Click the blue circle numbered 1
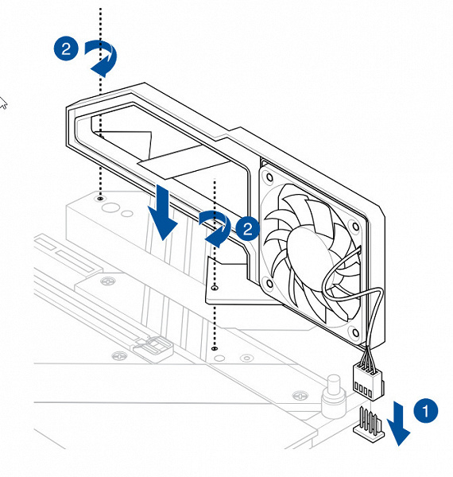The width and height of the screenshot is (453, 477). (x=426, y=410)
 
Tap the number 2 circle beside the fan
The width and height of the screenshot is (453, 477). (x=247, y=228)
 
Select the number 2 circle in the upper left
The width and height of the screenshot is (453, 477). (x=66, y=48)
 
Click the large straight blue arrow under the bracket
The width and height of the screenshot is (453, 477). (x=162, y=212)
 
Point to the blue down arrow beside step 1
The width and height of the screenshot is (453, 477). (x=399, y=424)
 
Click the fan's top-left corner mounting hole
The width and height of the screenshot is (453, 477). (x=269, y=176)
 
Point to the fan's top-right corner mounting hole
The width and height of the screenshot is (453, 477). (x=355, y=227)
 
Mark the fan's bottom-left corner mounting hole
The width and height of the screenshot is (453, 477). (x=269, y=283)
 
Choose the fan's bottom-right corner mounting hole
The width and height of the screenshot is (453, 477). (x=355, y=332)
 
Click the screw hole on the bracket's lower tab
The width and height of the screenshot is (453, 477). (x=215, y=287)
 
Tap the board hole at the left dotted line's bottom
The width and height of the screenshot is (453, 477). (x=100, y=198)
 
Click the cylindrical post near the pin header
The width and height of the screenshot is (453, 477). (x=334, y=396)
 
